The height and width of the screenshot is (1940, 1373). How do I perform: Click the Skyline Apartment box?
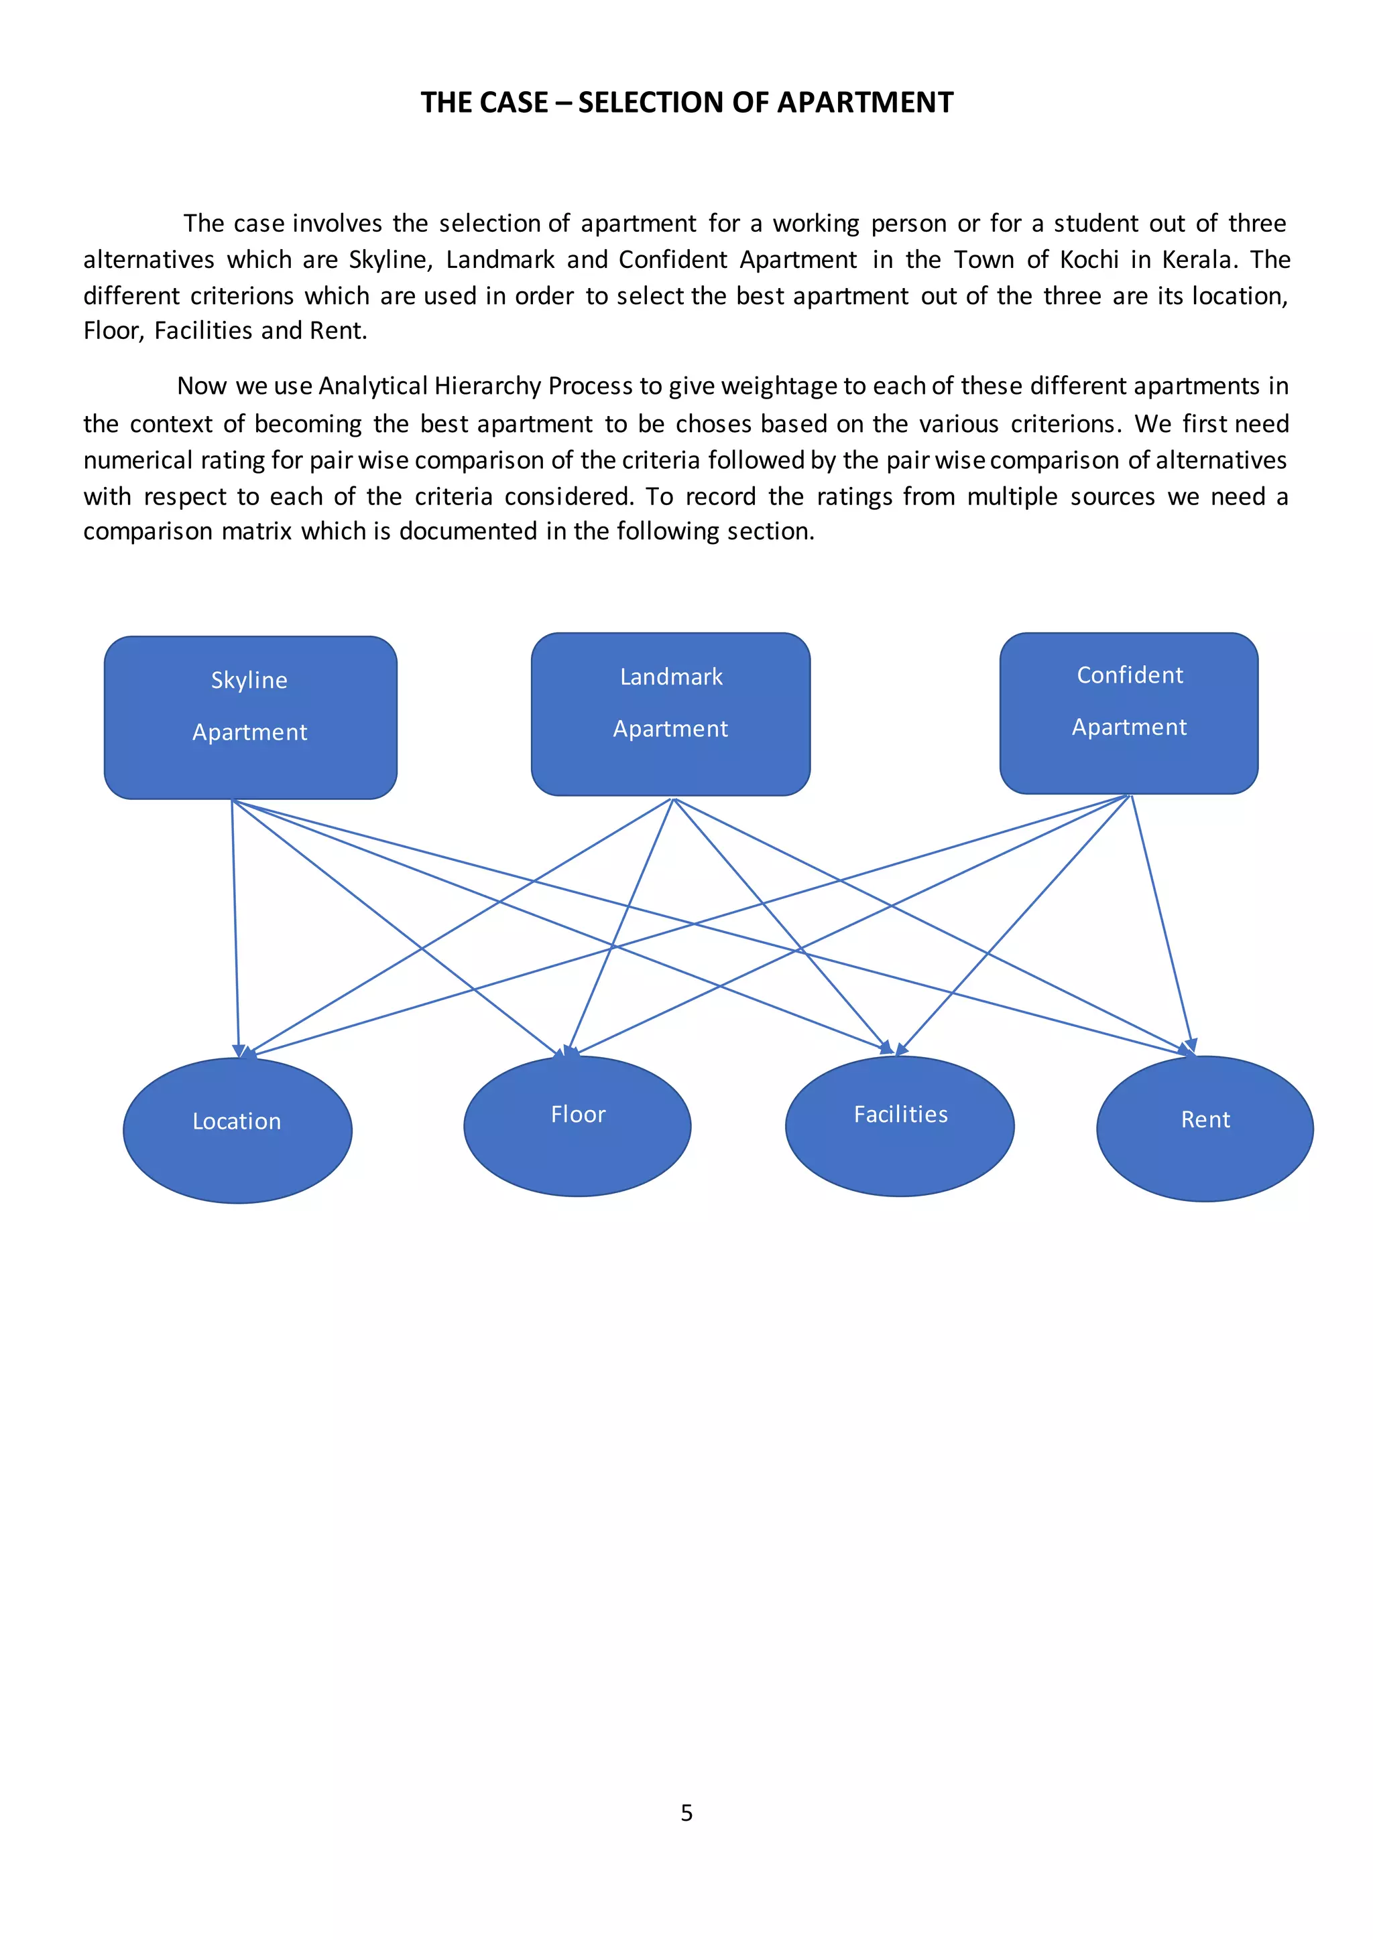point(250,717)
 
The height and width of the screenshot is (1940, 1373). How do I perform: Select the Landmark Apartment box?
point(670,714)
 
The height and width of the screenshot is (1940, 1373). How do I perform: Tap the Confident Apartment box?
point(1129,713)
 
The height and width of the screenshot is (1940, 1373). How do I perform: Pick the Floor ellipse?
point(577,1125)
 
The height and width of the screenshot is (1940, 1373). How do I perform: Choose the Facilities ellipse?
point(900,1125)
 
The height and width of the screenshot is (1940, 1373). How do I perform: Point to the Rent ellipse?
point(1205,1128)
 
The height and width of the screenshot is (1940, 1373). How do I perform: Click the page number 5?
point(686,1813)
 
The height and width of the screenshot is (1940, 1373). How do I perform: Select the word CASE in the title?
point(512,102)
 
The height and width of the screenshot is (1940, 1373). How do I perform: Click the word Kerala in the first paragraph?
point(1199,259)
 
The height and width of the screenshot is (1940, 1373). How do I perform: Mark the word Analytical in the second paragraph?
point(373,386)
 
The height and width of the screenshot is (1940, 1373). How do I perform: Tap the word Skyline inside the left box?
point(249,680)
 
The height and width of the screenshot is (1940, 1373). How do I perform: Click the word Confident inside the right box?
point(1130,675)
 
